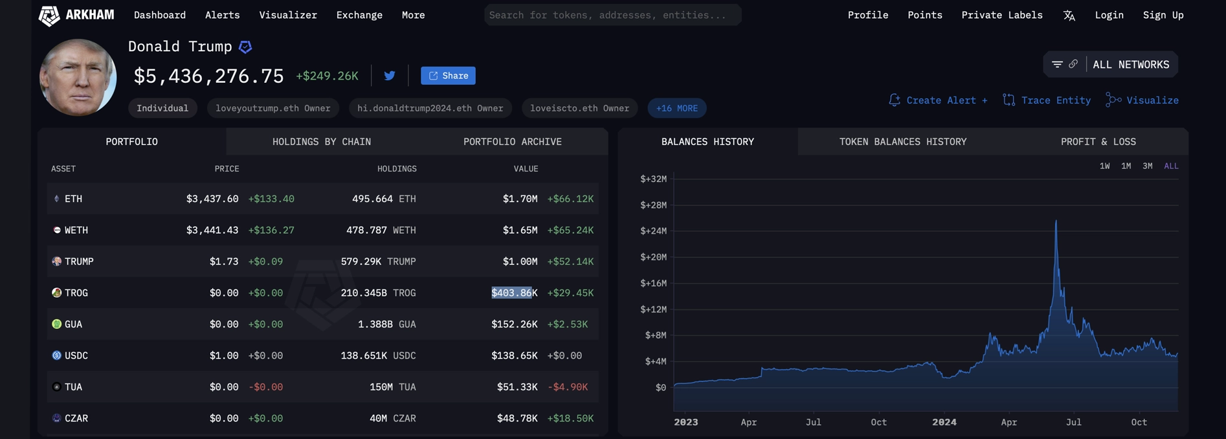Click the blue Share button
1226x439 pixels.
448,76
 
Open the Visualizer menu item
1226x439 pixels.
288,15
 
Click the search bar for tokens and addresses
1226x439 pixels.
612,15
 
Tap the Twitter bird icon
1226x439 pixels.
390,76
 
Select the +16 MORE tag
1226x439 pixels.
676,108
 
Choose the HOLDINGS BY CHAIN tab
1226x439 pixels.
321,142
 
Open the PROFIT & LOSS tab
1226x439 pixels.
1098,142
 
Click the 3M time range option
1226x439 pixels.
1147,166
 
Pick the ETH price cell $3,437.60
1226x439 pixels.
212,199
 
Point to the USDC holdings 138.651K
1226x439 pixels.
364,355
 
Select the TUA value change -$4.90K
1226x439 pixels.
567,387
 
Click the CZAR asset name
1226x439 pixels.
76,418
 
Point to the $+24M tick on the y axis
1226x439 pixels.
653,231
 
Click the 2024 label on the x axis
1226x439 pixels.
944,422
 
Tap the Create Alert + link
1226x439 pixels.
938,100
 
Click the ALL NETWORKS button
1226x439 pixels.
1130,65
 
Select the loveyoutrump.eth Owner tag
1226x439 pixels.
273,108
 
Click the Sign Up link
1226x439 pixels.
1163,15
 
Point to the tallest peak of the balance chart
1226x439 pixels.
1056,222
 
